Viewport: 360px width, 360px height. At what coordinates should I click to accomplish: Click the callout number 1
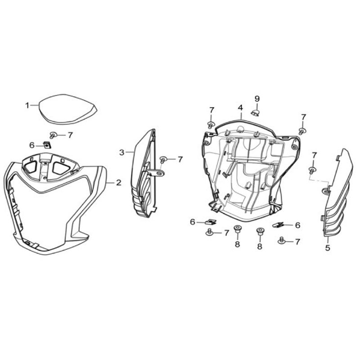click(27, 106)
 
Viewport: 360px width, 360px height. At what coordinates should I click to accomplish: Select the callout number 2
click(118, 183)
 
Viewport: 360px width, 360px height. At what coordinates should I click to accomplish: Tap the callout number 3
click(121, 153)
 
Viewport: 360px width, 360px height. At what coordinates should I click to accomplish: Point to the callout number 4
click(240, 108)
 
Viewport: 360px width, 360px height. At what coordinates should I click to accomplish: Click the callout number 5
click(328, 248)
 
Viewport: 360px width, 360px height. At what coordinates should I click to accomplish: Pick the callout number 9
click(257, 99)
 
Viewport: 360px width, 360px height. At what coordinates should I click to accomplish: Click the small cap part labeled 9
click(255, 113)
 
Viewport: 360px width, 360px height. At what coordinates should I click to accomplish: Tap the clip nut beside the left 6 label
click(47, 145)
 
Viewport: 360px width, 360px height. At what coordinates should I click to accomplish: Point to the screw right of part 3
click(163, 159)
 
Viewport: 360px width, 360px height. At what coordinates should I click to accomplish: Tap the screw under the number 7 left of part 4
click(211, 125)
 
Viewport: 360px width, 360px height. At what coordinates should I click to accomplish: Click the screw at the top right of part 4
click(302, 131)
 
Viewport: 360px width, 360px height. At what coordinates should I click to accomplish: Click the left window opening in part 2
click(30, 166)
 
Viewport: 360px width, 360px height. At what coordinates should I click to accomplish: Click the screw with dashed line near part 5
click(312, 170)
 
